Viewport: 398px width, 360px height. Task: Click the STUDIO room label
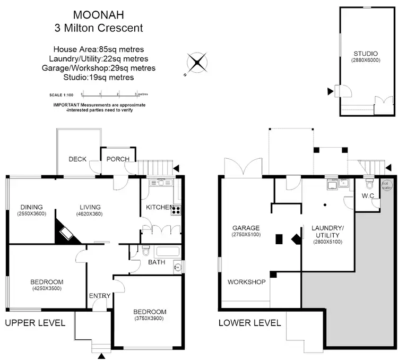tap(366, 54)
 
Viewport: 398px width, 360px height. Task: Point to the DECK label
tap(78, 159)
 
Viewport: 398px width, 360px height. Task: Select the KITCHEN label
tap(159, 207)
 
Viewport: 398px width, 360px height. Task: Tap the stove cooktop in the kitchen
tap(176, 210)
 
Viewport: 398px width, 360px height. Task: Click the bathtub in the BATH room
tap(161, 252)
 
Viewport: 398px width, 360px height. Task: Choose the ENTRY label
tap(100, 296)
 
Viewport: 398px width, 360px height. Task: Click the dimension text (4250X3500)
tap(47, 289)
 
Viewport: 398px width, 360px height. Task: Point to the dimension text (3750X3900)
tap(150, 319)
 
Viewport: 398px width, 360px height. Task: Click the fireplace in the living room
tap(66, 233)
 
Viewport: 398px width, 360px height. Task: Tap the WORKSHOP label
tap(246, 282)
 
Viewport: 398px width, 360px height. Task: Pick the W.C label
tap(368, 196)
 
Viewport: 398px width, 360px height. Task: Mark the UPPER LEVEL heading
tap(35, 323)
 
